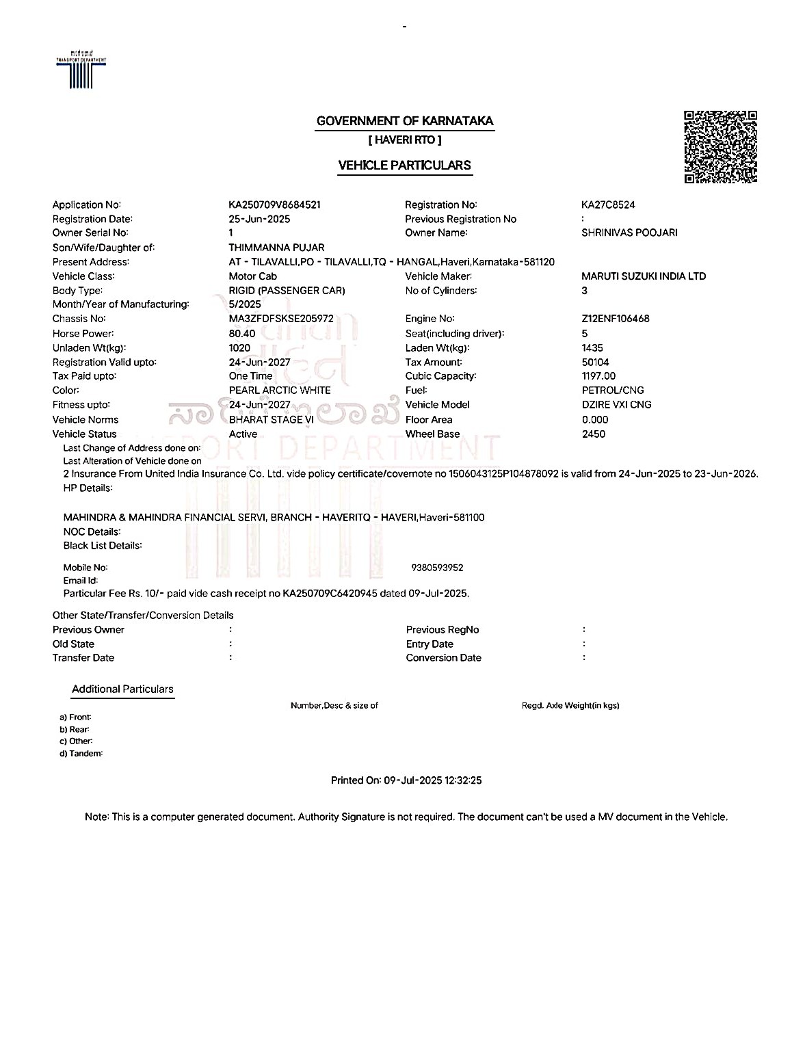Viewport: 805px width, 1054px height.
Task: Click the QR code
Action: tap(720, 147)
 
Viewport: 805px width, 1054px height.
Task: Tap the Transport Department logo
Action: tap(81, 70)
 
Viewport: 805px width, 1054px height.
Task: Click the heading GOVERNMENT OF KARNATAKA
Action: tap(404, 121)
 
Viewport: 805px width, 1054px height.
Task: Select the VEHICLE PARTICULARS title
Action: tap(404, 165)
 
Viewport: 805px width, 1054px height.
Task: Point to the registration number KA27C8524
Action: tap(608, 205)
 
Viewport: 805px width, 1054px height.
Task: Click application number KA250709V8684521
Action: tap(274, 205)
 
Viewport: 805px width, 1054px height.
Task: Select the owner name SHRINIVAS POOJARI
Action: tap(629, 233)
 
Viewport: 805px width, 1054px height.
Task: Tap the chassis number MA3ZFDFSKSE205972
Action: tap(281, 319)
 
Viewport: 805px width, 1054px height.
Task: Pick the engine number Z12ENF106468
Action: tap(615, 319)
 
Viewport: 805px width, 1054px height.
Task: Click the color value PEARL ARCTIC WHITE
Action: tap(280, 391)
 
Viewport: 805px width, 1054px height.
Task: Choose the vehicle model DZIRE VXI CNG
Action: tap(616, 405)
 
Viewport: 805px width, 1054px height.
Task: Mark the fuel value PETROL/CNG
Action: tap(612, 391)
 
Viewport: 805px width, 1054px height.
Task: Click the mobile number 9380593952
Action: tap(437, 568)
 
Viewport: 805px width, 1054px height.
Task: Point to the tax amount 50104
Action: tap(595, 363)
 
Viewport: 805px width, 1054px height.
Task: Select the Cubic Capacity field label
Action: tap(440, 376)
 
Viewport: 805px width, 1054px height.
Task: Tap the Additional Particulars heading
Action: tap(122, 689)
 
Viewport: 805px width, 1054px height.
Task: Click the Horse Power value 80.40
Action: tap(242, 334)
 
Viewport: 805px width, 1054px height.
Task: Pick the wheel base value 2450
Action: tap(593, 434)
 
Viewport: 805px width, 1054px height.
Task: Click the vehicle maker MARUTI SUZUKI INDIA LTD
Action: tap(643, 276)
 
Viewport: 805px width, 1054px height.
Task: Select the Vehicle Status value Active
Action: tap(243, 434)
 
